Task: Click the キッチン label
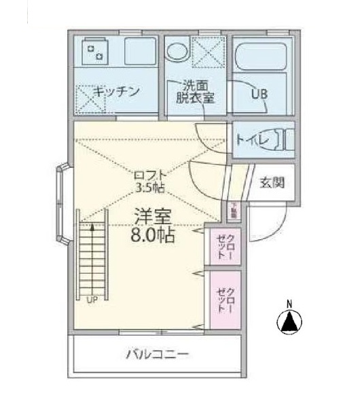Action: [117, 90]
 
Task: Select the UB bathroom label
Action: [259, 94]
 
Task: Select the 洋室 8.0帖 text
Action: [152, 226]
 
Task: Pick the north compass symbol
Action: [289, 321]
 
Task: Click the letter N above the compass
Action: [289, 303]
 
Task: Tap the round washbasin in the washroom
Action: [178, 52]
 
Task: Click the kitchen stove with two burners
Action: [94, 50]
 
